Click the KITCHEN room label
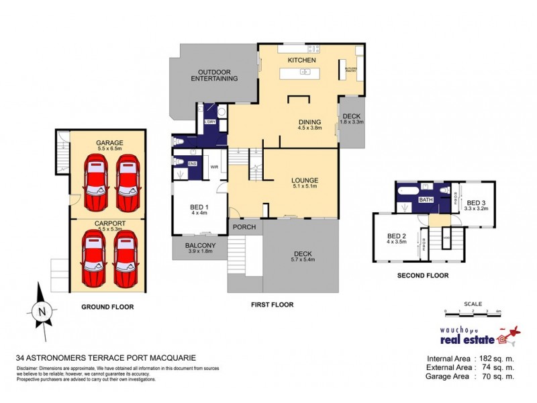(301, 60)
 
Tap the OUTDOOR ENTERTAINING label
(217, 75)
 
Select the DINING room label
(309, 122)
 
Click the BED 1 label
(199, 208)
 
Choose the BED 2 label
(396, 236)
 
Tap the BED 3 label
(476, 203)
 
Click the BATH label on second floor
(426, 200)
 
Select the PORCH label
(244, 227)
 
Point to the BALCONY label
(199, 246)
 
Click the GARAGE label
(108, 142)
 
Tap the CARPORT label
(108, 223)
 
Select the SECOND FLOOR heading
(422, 275)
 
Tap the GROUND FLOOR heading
(107, 306)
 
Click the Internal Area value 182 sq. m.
(494, 357)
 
